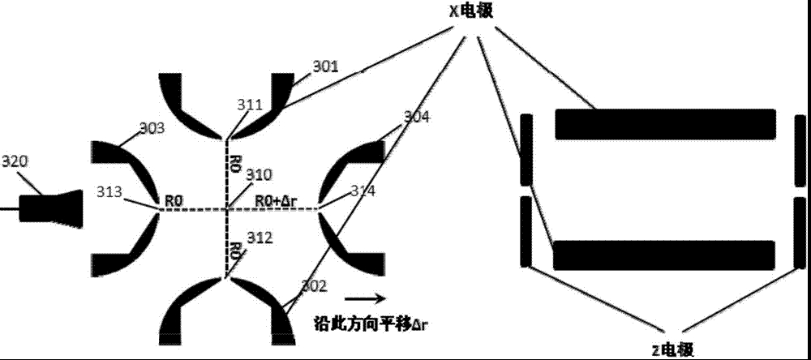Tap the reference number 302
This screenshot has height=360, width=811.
[313, 285]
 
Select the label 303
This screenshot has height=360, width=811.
[152, 128]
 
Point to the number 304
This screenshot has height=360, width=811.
[416, 117]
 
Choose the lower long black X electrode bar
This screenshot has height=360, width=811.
[665, 255]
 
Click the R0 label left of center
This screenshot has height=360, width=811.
[173, 198]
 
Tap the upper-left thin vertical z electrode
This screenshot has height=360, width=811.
[526, 149]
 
